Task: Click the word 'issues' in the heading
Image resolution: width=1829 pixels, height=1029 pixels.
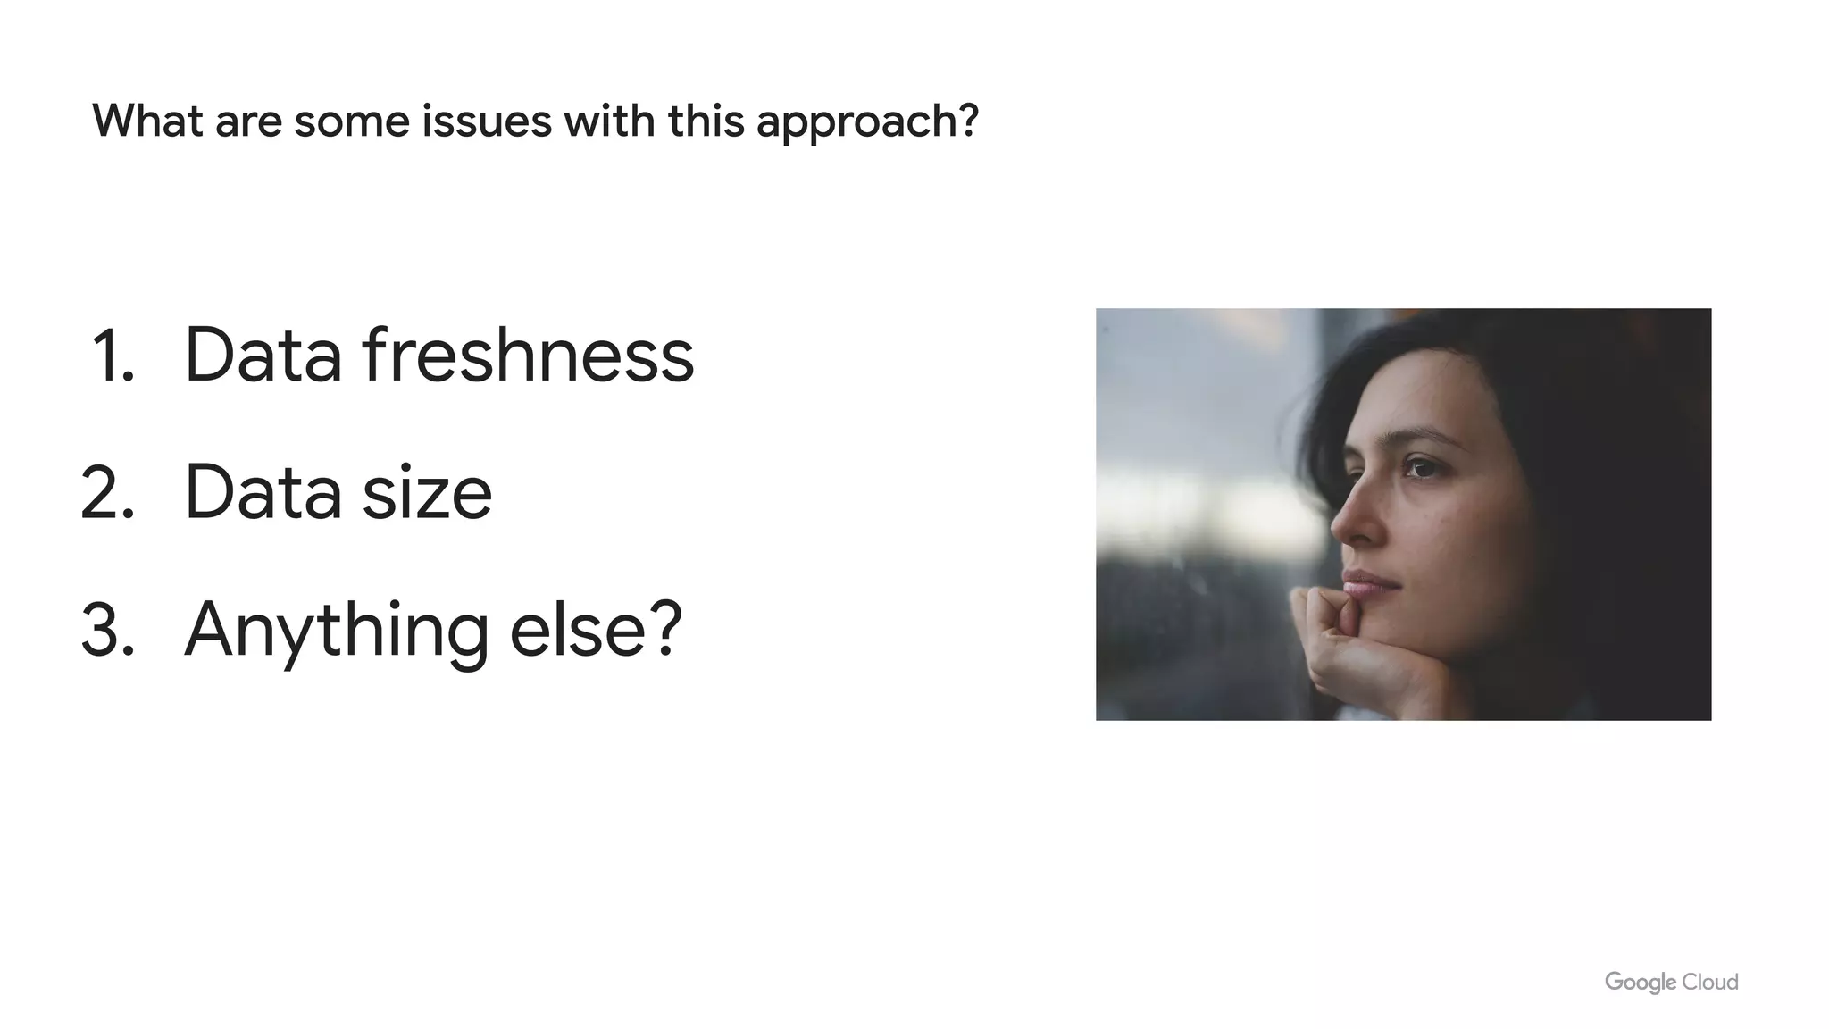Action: pyautogui.click(x=487, y=121)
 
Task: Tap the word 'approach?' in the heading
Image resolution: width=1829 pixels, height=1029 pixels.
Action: pyautogui.click(x=867, y=122)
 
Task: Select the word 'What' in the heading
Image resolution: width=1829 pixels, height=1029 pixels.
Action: pyautogui.click(x=147, y=121)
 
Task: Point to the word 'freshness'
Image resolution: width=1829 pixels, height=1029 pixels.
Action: pyautogui.click(x=528, y=355)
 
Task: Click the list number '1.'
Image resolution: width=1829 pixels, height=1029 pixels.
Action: pyautogui.click(x=113, y=356)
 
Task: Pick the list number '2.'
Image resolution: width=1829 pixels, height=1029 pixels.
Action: pyautogui.click(x=108, y=493)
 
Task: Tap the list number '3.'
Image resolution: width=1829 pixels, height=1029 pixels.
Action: pyautogui.click(x=108, y=631)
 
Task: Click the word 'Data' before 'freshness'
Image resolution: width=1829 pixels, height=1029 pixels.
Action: pyautogui.click(x=263, y=356)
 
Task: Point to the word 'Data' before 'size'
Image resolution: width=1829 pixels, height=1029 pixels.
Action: pyautogui.click(x=263, y=493)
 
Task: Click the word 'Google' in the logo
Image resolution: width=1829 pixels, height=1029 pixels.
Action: pyautogui.click(x=1640, y=983)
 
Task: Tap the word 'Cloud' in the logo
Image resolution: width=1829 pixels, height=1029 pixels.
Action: pyautogui.click(x=1710, y=982)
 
